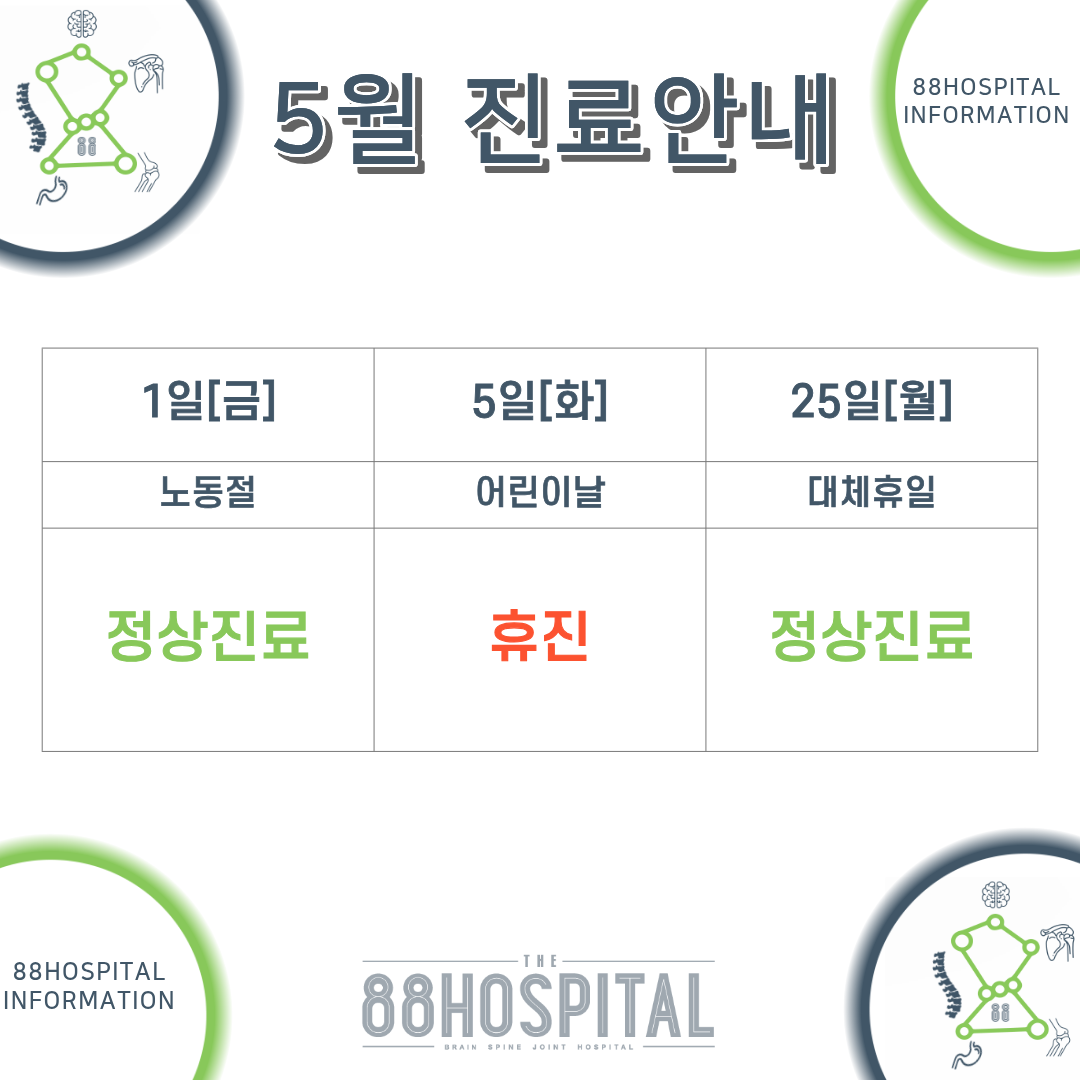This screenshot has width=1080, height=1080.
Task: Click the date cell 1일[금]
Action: click(208, 400)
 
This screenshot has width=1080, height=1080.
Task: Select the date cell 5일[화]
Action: click(539, 400)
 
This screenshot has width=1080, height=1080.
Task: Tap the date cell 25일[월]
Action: click(871, 400)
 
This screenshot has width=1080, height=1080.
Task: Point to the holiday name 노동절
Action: click(208, 492)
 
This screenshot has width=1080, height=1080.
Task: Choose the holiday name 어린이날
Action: click(540, 492)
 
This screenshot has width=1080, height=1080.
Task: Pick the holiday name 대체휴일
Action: click(871, 492)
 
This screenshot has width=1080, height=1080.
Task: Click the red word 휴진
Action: click(539, 635)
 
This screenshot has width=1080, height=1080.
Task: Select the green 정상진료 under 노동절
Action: click(208, 635)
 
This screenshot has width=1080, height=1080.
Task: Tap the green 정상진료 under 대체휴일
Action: click(871, 635)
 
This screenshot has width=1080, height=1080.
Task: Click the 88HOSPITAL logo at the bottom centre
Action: click(538, 1005)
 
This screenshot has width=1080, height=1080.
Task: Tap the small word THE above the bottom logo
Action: click(540, 961)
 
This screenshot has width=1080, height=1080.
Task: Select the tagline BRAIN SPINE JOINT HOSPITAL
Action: click(539, 1047)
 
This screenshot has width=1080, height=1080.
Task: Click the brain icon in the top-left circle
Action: click(82, 24)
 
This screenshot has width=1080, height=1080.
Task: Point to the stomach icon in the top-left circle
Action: click(52, 191)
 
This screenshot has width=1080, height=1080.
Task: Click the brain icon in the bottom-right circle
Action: click(996, 895)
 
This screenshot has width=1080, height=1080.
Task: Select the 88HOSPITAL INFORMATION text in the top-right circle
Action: click(986, 101)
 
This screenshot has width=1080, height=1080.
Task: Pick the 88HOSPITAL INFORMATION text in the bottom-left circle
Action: click(89, 986)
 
